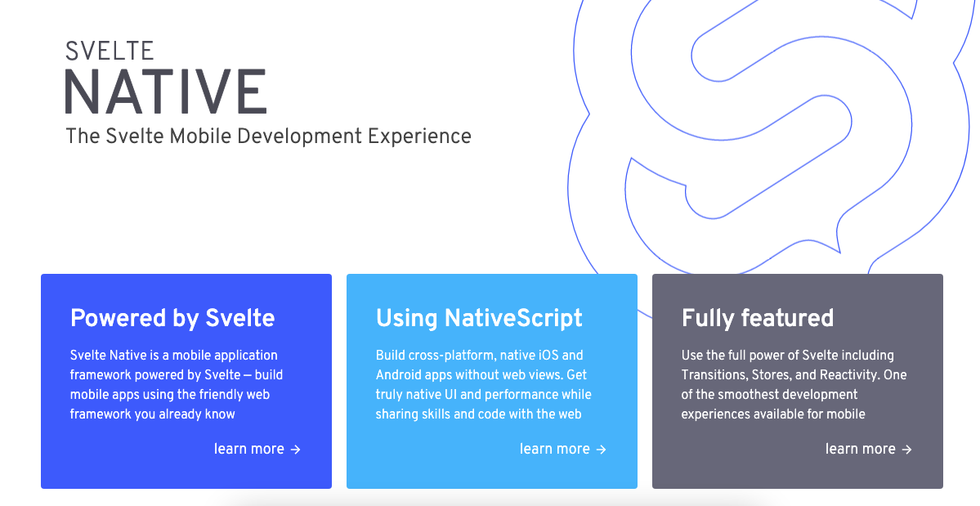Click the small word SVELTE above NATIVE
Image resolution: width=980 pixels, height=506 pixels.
(x=110, y=51)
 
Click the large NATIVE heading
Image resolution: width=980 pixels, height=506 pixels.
(x=166, y=92)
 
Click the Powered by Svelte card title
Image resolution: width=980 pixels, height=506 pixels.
(x=172, y=318)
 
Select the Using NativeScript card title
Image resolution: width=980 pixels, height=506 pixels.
(x=480, y=318)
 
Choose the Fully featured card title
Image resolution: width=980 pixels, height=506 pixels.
(x=758, y=318)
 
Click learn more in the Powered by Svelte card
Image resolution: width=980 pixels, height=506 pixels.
(x=248, y=449)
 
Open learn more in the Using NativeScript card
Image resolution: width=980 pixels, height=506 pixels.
(x=554, y=449)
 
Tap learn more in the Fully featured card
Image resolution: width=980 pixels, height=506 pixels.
(x=860, y=449)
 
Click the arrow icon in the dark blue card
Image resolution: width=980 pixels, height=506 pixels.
(x=296, y=449)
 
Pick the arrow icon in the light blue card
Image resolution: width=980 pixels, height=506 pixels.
(x=602, y=449)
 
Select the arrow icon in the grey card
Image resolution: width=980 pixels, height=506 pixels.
(x=907, y=449)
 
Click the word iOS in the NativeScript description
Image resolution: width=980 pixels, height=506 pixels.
(x=548, y=355)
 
